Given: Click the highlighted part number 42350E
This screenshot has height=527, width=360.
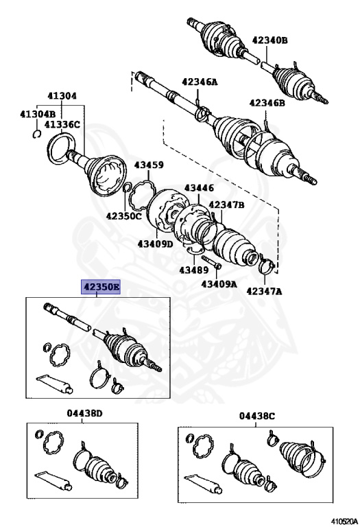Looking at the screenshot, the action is pyautogui.click(x=100, y=288).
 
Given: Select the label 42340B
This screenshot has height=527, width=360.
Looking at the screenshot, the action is pyautogui.click(x=270, y=40).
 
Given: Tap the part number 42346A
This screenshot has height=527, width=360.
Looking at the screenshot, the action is pyautogui.click(x=200, y=82).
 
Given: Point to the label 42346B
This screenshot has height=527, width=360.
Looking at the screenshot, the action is pyautogui.click(x=267, y=103).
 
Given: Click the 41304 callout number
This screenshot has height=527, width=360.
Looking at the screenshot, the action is pyautogui.click(x=62, y=96).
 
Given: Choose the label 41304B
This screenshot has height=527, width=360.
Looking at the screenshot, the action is pyautogui.click(x=38, y=115).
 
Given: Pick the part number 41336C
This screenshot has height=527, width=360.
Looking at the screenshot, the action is pyautogui.click(x=62, y=125).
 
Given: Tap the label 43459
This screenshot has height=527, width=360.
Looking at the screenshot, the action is pyautogui.click(x=149, y=165).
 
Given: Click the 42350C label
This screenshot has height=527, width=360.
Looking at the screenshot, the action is pyautogui.click(x=124, y=215).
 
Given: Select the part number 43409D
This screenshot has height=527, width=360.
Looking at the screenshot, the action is pyautogui.click(x=155, y=244).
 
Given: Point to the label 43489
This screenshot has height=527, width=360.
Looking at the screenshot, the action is pyautogui.click(x=194, y=270).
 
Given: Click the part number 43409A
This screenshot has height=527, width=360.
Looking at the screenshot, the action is pyautogui.click(x=219, y=284).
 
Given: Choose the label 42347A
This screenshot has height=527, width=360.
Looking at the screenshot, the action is pyautogui.click(x=264, y=291).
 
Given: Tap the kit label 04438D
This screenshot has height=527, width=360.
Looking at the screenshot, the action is pyautogui.click(x=84, y=413).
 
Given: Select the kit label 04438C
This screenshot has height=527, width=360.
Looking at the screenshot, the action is pyautogui.click(x=257, y=416).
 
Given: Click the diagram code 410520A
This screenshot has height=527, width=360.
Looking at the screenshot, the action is pyautogui.click(x=344, y=522).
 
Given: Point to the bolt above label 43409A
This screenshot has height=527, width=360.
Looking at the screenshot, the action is pyautogui.click(x=211, y=262).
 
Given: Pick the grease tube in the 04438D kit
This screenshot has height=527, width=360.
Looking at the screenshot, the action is pyautogui.click(x=53, y=480).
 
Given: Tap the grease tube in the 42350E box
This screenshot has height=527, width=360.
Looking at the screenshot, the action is pyautogui.click(x=55, y=384).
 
